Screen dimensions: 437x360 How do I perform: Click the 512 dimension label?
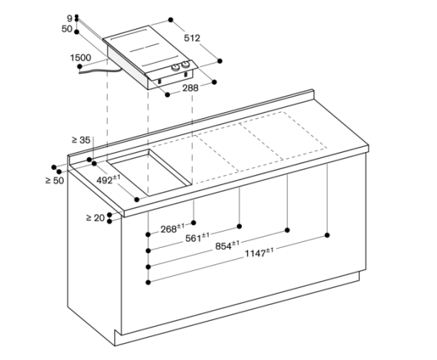[x=192, y=38]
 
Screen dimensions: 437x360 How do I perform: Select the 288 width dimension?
[x=191, y=88]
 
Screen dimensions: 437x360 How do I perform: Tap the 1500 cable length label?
[x=81, y=58]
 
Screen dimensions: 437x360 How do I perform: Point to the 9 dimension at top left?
[x=70, y=19]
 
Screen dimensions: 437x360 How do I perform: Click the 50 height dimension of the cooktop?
[x=67, y=29]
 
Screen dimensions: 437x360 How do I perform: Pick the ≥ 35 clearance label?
[x=81, y=140]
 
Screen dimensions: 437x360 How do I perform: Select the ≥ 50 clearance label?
[x=55, y=180]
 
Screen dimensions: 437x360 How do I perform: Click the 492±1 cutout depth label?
[x=108, y=180]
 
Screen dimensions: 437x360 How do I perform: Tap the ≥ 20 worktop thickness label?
[x=96, y=217]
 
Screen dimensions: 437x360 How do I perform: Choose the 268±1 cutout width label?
[x=172, y=229]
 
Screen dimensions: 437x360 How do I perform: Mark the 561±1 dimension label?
[x=197, y=238]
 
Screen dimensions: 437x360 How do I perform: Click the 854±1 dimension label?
[x=227, y=246]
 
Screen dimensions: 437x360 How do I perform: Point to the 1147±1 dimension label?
[x=259, y=253]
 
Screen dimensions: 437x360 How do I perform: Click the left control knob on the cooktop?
[x=176, y=68]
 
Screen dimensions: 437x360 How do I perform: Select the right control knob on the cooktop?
[x=185, y=65]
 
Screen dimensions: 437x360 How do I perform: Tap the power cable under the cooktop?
[x=101, y=71]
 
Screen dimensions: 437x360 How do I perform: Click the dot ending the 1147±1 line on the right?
[x=327, y=235]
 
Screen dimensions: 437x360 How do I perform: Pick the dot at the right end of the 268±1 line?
[x=194, y=223]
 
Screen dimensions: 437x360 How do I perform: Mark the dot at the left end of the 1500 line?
[x=79, y=66]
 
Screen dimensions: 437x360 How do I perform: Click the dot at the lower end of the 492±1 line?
[x=137, y=200]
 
